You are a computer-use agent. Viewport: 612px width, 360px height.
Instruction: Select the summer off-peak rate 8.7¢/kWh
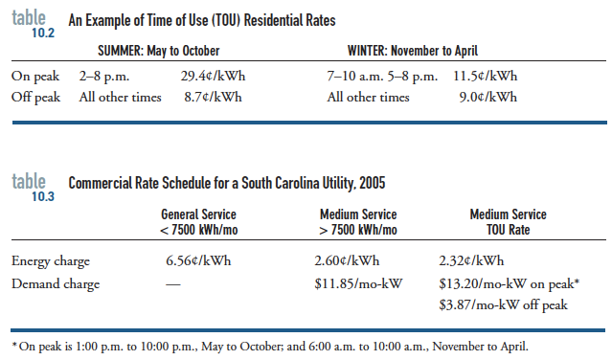(211, 97)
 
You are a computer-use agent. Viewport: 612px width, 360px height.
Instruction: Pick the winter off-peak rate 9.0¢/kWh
(488, 97)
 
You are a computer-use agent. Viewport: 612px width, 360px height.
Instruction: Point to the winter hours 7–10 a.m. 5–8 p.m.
(382, 74)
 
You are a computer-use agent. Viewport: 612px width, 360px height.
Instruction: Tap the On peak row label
(35, 74)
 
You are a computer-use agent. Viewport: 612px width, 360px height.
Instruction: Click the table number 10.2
(43, 32)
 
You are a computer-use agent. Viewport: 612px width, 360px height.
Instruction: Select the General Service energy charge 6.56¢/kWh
(198, 260)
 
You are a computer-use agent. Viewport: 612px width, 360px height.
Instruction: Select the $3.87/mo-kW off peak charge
(504, 304)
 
